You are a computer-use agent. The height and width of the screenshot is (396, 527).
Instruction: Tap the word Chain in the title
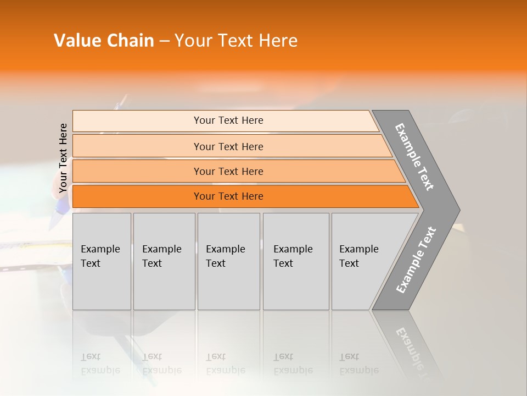tap(131, 41)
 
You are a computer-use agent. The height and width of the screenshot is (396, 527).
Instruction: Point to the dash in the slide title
tap(164, 41)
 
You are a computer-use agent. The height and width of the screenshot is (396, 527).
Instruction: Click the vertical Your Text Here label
tap(63, 158)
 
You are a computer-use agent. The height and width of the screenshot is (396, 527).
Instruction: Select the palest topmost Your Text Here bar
tap(228, 120)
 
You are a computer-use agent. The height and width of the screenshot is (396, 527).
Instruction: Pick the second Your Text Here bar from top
tap(228, 146)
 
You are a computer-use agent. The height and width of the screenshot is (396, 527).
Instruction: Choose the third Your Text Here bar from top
tap(228, 171)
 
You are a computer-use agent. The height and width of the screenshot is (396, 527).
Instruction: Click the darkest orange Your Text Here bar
tap(228, 196)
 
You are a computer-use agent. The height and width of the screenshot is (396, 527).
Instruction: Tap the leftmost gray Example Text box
tap(102, 261)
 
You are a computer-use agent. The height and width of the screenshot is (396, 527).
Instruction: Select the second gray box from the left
tap(164, 261)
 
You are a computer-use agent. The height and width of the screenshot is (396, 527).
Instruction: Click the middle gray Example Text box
tap(228, 261)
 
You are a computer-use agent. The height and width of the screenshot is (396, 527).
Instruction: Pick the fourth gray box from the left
tap(295, 261)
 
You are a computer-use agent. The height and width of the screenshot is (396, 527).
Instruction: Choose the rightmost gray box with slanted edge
tap(362, 261)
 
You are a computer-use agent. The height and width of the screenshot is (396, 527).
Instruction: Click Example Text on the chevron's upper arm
tap(414, 157)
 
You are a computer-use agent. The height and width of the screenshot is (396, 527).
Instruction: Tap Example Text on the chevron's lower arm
tap(416, 260)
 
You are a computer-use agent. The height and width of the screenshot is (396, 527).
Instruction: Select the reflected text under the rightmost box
tap(358, 364)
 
